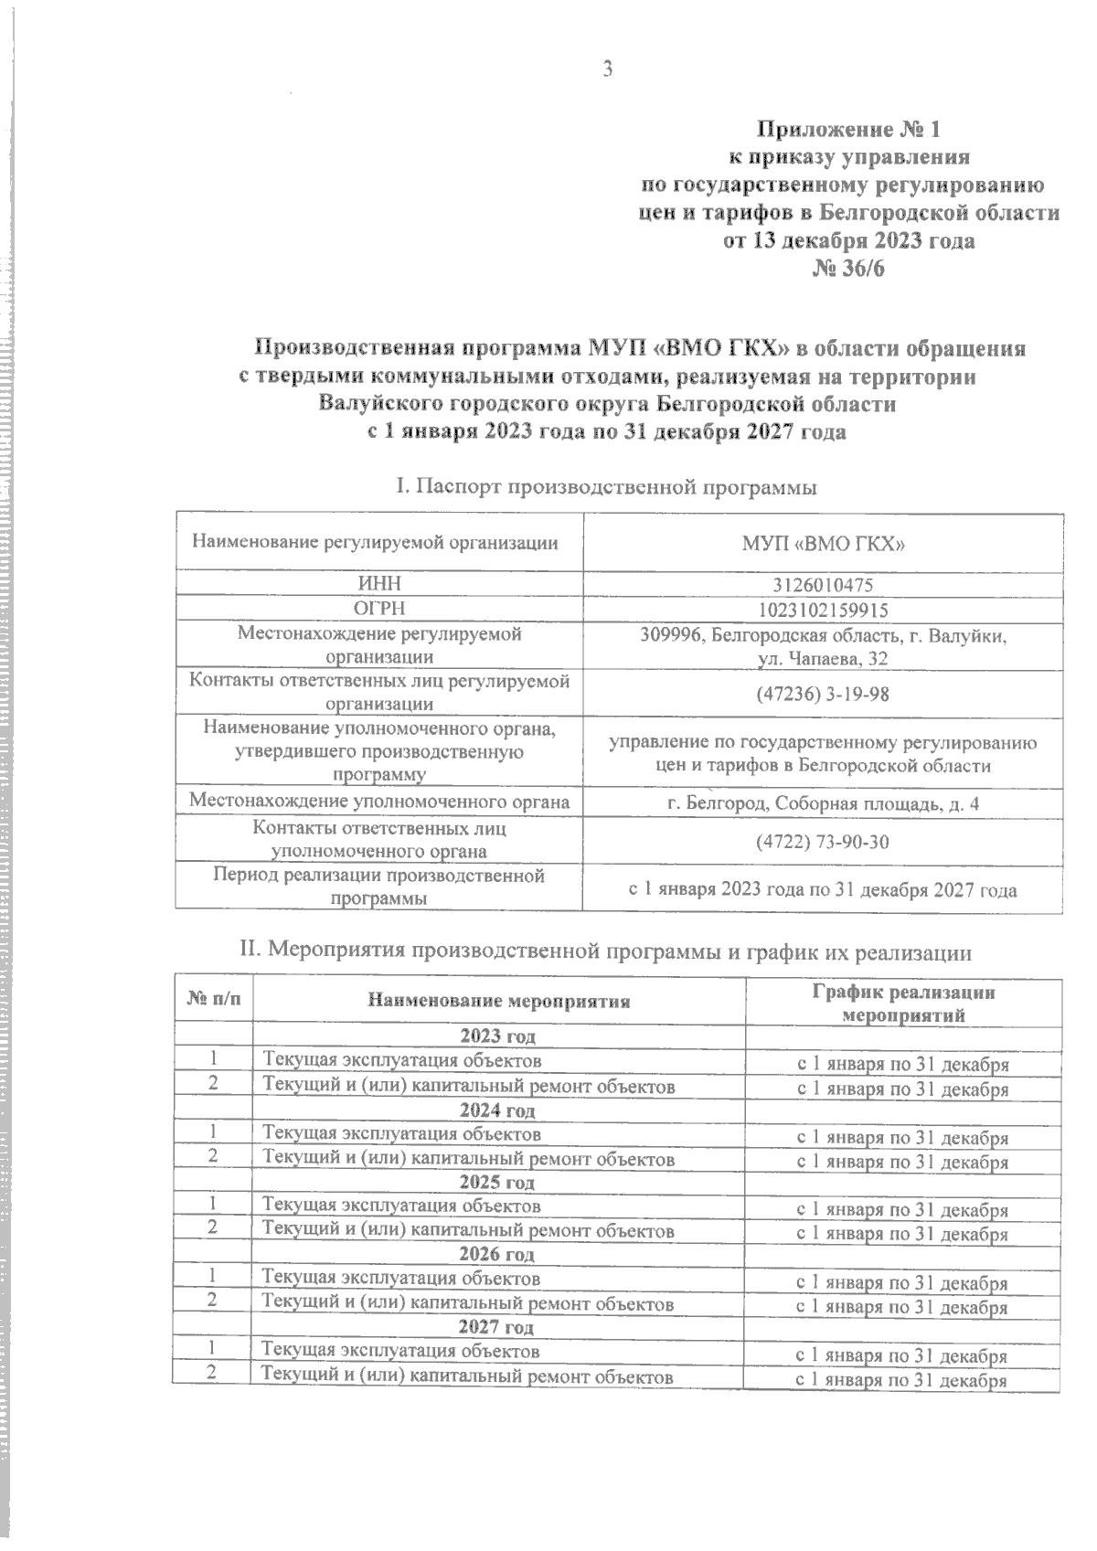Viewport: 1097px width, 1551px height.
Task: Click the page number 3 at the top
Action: (x=606, y=69)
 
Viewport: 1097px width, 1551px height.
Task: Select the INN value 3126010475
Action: (x=822, y=584)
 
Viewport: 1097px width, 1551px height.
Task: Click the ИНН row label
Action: (x=378, y=584)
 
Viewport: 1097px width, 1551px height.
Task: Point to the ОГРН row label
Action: (x=378, y=609)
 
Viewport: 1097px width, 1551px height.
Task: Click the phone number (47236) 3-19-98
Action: (x=822, y=694)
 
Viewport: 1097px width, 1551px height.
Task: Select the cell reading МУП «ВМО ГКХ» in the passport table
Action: (x=822, y=543)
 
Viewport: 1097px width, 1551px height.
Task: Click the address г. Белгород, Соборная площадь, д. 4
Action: (x=822, y=803)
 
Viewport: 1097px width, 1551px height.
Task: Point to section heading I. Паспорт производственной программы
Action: (x=605, y=487)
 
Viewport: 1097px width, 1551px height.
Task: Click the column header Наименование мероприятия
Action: (x=498, y=1001)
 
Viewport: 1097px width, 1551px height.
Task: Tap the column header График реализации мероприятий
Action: (x=903, y=1003)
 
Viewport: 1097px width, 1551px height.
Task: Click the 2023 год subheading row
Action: (x=497, y=1036)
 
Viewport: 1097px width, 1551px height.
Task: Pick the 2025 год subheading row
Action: (x=497, y=1183)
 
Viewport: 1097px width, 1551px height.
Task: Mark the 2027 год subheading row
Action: (x=497, y=1326)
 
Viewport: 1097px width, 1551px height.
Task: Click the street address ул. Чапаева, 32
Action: (x=822, y=658)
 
